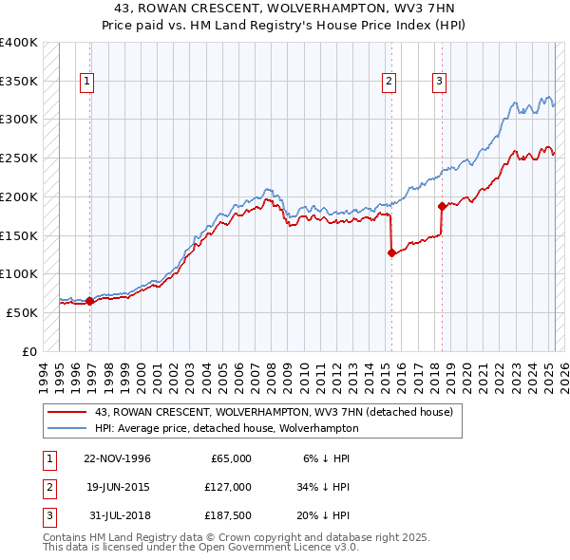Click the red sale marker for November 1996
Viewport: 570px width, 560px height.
click(90, 302)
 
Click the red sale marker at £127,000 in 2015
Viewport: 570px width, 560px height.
click(391, 252)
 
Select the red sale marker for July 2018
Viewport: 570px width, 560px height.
click(442, 206)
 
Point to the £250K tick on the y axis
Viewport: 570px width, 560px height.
click(19, 158)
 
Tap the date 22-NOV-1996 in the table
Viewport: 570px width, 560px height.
click(117, 458)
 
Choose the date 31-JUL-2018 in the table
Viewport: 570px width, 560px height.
click(119, 515)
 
